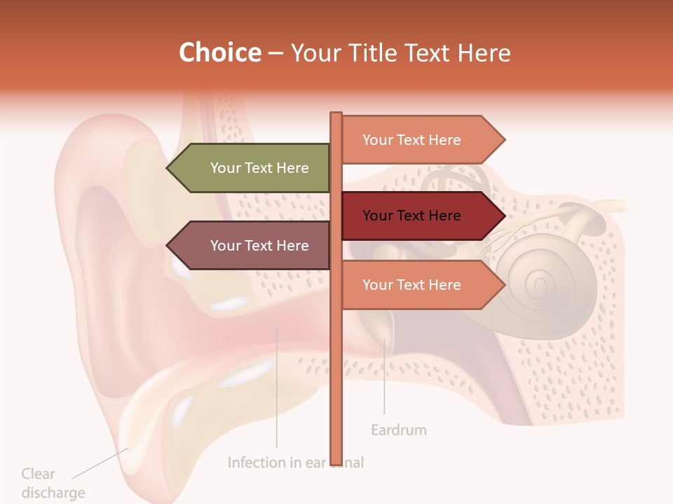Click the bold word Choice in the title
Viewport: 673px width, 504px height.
tap(219, 53)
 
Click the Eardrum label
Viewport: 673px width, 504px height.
tap(398, 430)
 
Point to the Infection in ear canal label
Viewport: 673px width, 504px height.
tap(295, 463)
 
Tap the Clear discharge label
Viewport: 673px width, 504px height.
tap(53, 483)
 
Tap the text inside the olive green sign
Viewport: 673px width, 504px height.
tap(259, 168)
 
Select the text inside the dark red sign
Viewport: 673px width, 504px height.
tap(412, 216)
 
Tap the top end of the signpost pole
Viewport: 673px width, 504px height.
tap(336, 115)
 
